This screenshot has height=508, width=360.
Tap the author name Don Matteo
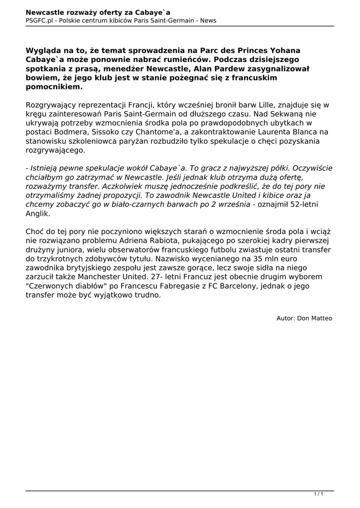click(x=315, y=318)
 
